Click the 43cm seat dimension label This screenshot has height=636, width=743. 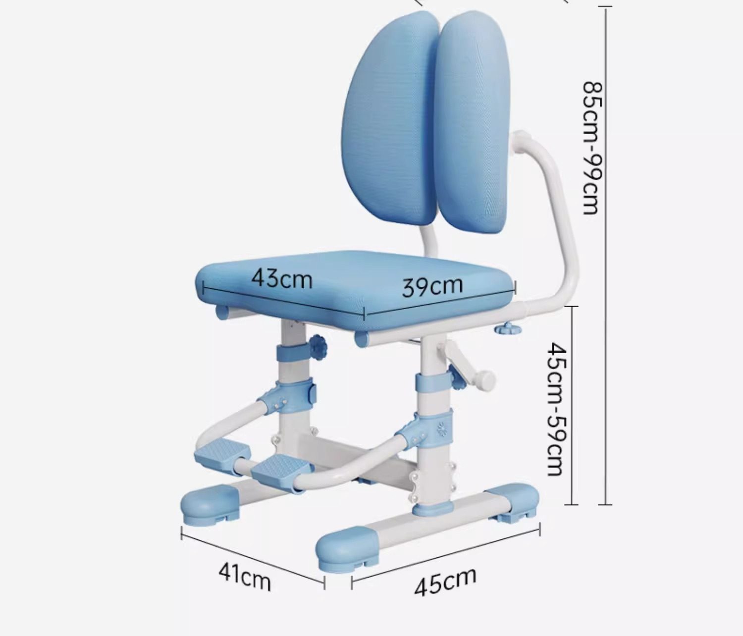281,279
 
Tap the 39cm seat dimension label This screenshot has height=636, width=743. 432,286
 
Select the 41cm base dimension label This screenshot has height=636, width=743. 244,577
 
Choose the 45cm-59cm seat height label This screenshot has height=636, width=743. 558,408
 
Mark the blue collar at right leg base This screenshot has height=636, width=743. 434,507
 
